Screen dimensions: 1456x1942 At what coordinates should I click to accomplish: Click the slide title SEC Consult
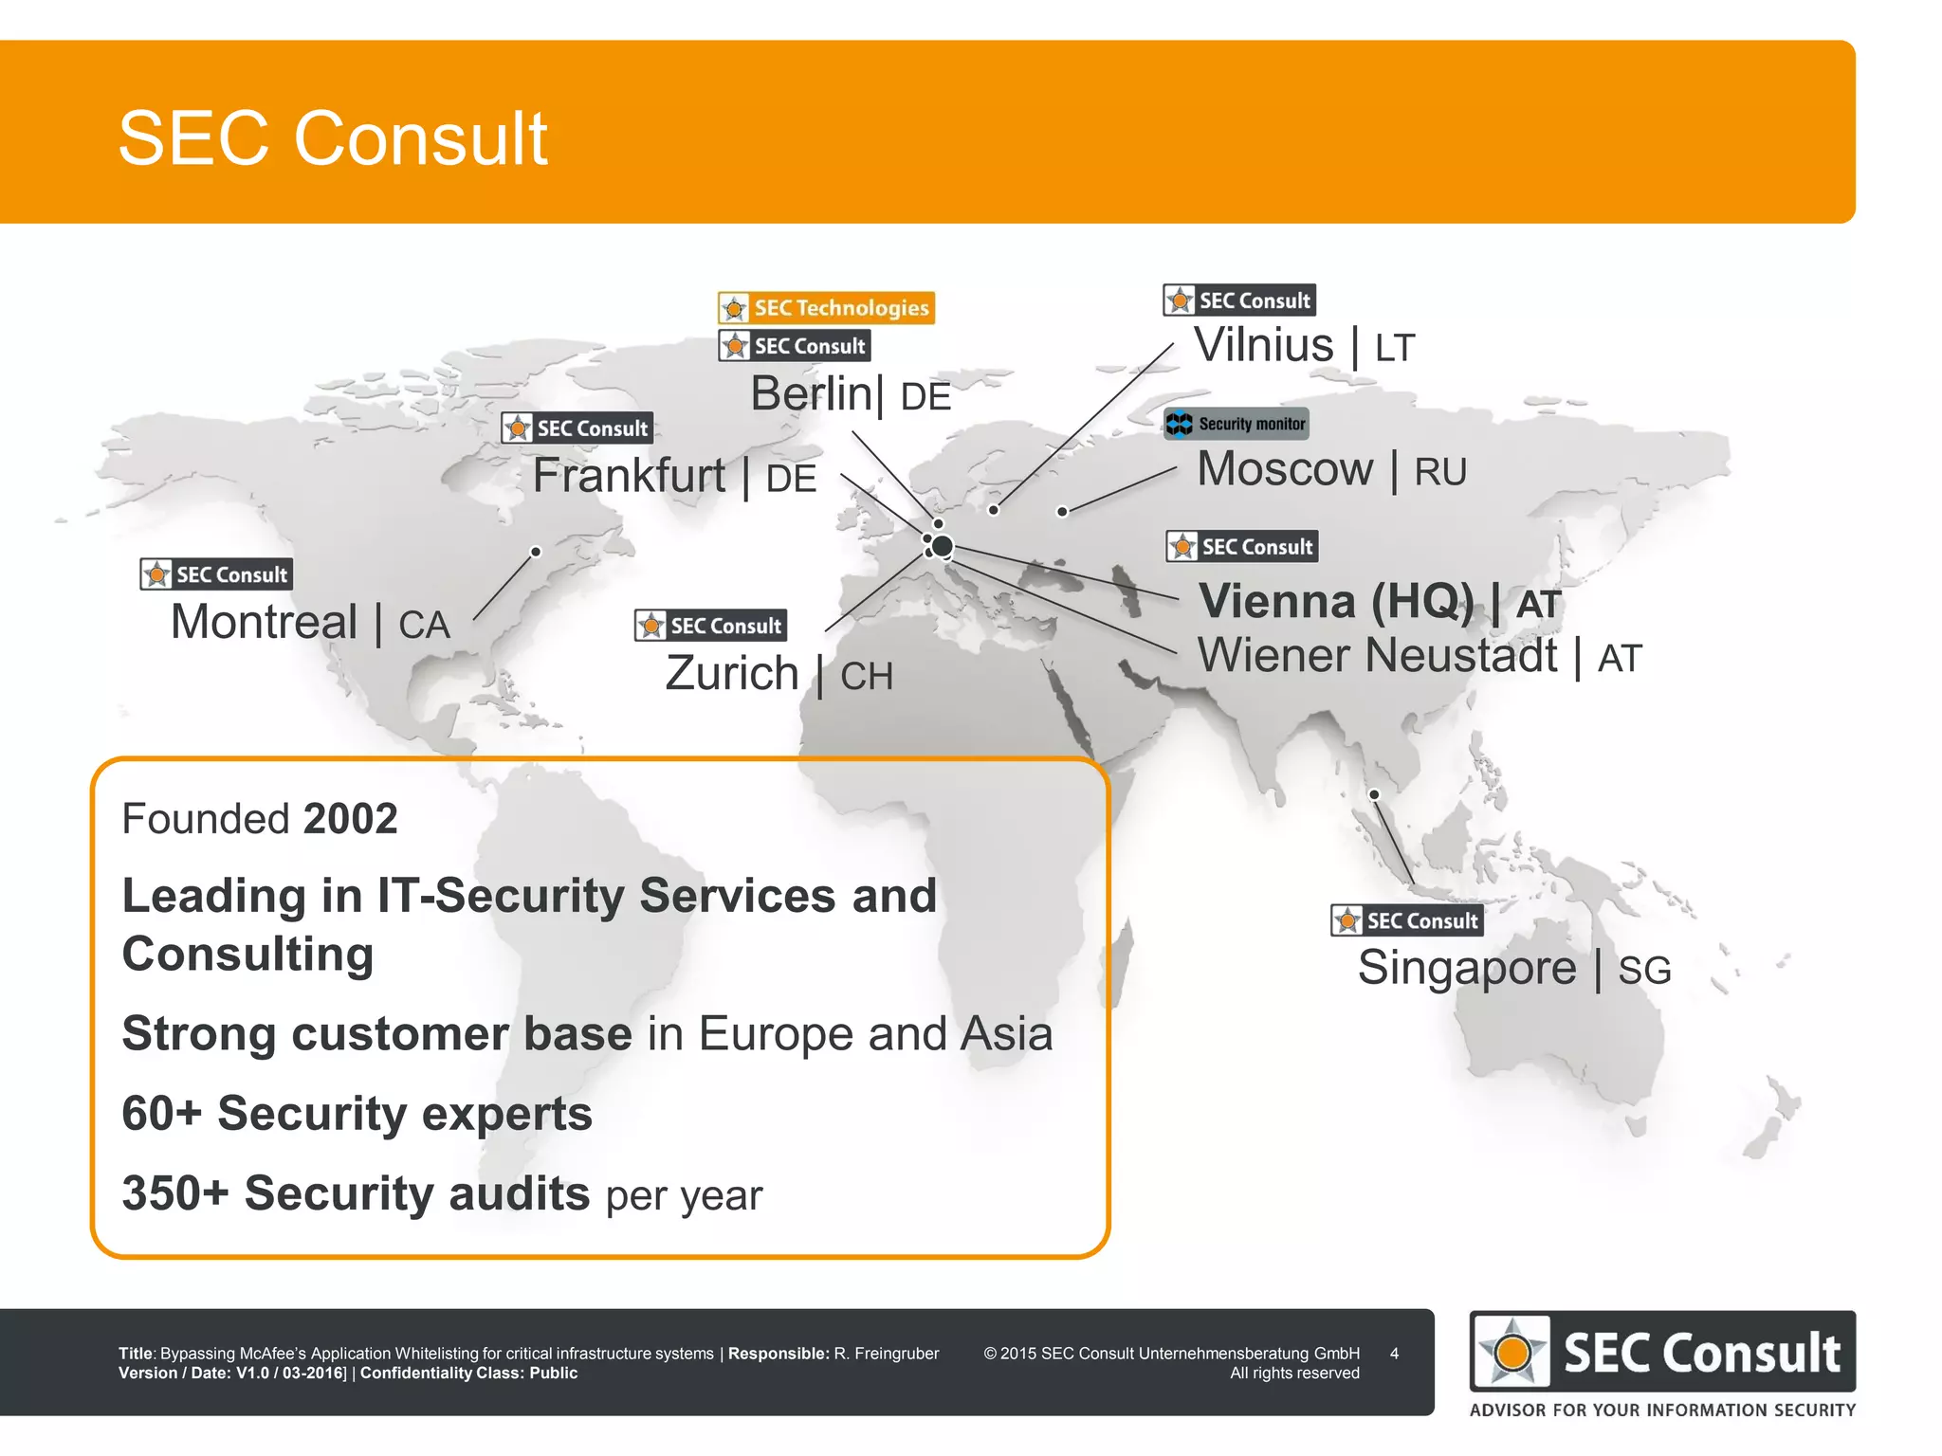coord(332,138)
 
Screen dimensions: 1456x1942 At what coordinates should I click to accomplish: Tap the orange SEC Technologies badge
coord(826,308)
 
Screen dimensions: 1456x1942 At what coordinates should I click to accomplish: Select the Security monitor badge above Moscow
coord(1237,424)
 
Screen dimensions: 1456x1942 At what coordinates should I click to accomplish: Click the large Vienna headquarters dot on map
coord(942,546)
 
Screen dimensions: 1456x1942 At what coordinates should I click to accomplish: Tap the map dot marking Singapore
coord(1374,794)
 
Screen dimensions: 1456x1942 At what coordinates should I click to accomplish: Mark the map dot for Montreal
coord(536,552)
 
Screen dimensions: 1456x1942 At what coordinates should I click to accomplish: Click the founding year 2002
coord(350,818)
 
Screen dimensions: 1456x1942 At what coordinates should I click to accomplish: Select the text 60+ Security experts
coord(357,1113)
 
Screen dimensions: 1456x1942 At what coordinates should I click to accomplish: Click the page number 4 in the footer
coord(1394,1354)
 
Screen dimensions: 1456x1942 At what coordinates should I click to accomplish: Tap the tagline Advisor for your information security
coord(1662,1410)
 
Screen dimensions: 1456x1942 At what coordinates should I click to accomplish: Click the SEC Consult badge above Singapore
coord(1406,920)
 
